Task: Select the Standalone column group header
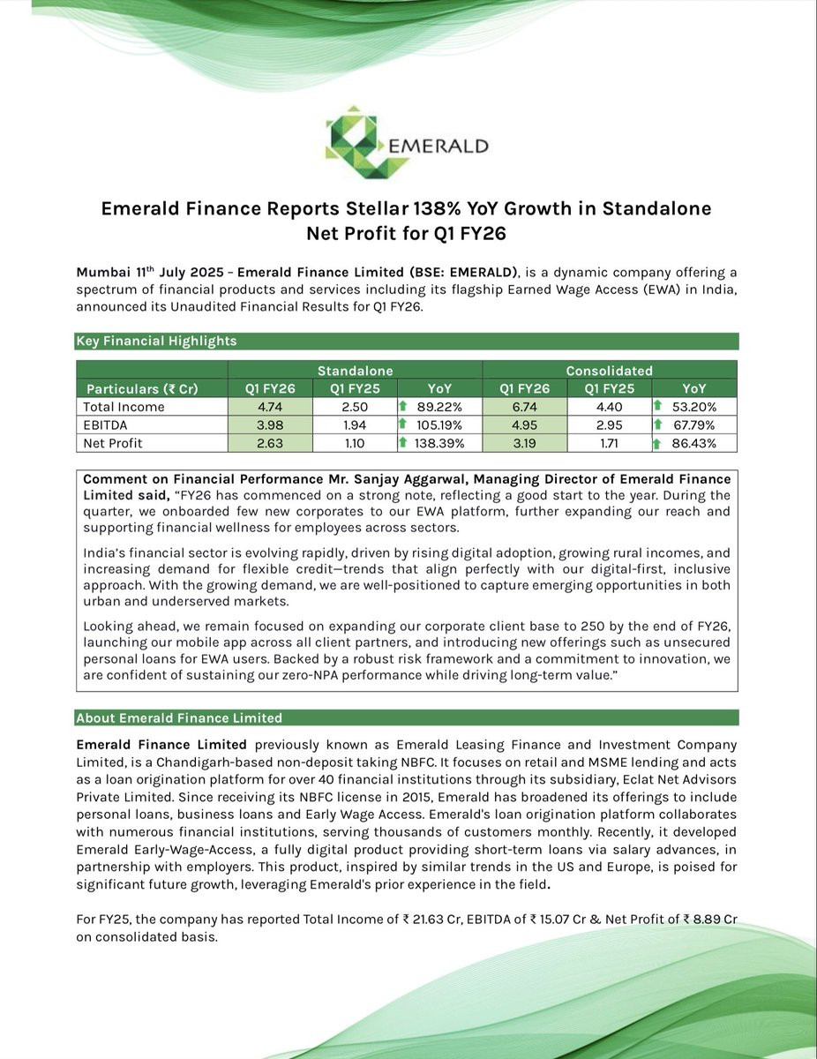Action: tap(355, 371)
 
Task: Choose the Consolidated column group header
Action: tap(610, 371)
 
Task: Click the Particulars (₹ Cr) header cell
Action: tap(141, 388)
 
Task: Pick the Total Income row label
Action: tap(124, 407)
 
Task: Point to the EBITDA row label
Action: tap(106, 425)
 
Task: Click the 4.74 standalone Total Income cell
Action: tap(270, 407)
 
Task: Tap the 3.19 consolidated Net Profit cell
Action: tap(525, 443)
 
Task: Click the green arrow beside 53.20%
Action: tap(657, 407)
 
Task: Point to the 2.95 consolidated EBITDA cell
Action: tap(610, 425)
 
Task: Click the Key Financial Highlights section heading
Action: tap(156, 342)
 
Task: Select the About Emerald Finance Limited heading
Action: tap(179, 717)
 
